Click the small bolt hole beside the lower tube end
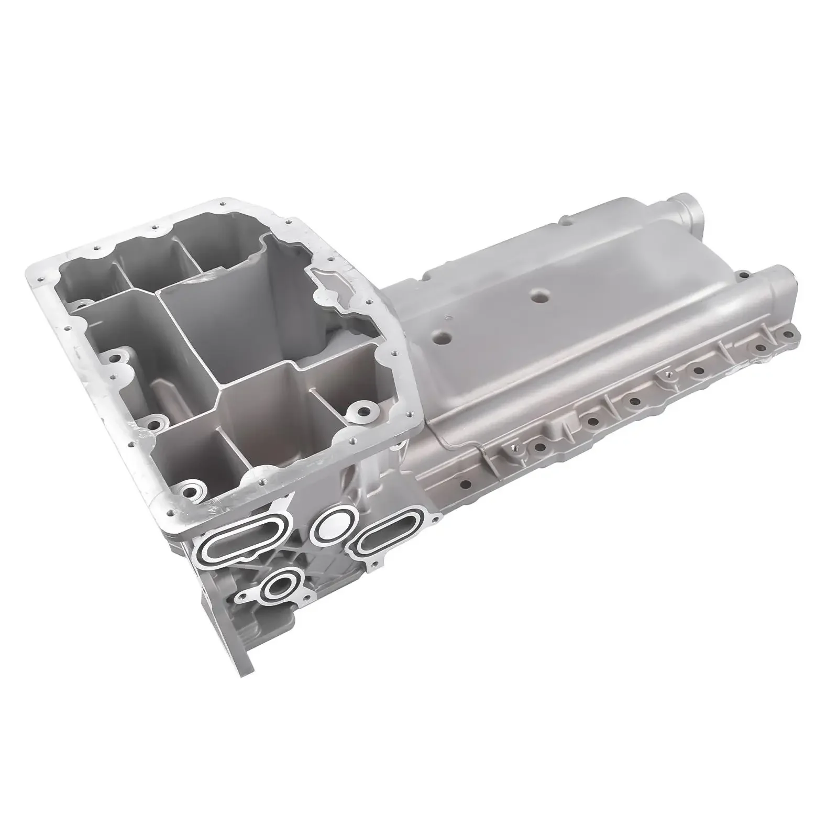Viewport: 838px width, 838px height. click(x=742, y=272)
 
